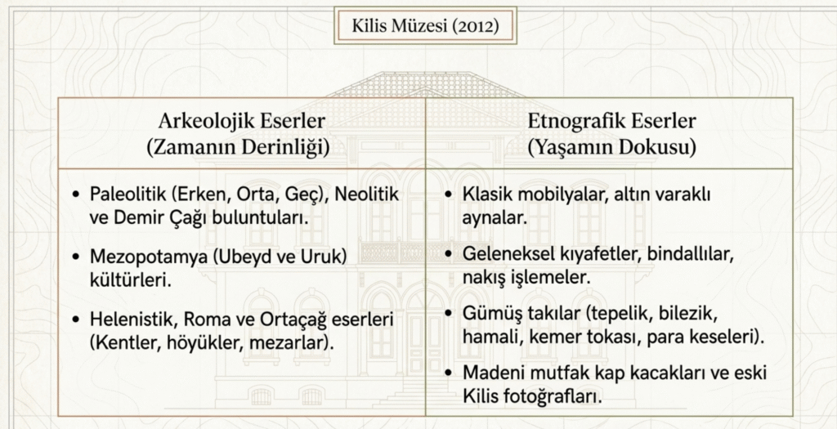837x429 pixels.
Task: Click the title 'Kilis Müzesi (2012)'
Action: (425, 25)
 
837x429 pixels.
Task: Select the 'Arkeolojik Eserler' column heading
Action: (241, 121)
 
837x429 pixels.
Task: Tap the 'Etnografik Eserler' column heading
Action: (611, 121)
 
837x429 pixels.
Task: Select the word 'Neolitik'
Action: (366, 194)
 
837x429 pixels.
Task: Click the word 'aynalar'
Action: (495, 218)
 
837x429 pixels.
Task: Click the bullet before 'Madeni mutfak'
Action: (449, 373)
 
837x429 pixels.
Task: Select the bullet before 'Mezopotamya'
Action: (77, 257)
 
